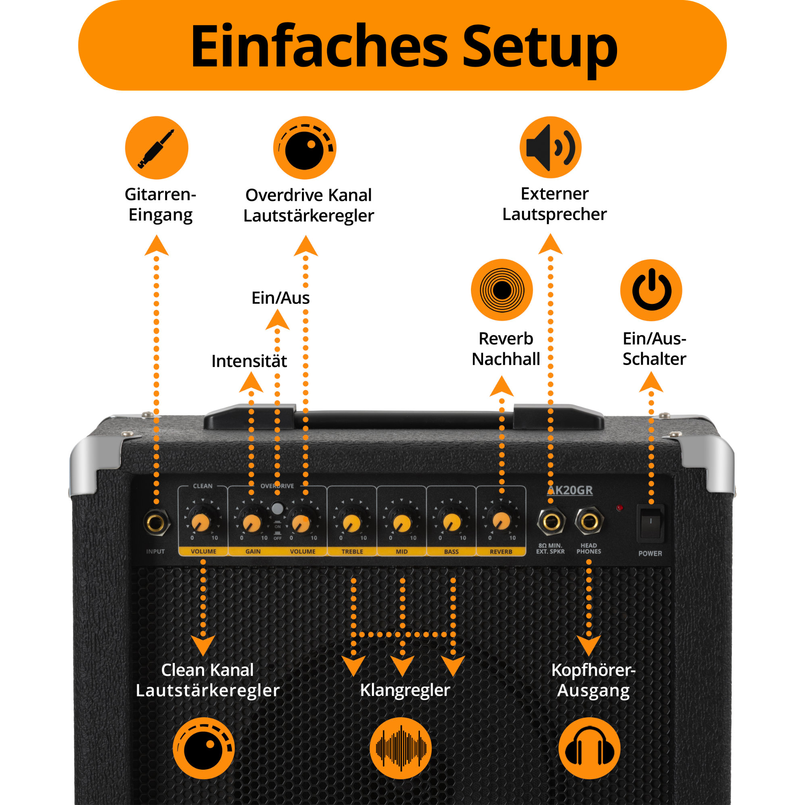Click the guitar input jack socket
[156, 522]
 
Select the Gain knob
[251, 522]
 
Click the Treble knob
[352, 522]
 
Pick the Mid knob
[402, 522]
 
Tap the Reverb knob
[501, 521]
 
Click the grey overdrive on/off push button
[277, 508]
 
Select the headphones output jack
[589, 521]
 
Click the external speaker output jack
[551, 521]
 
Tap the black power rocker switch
[650, 523]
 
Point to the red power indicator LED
[619, 508]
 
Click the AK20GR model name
[570, 490]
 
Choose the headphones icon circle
[589, 748]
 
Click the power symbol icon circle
[651, 290]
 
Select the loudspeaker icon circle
[550, 147]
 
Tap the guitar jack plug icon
[157, 148]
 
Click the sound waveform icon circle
[401, 748]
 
